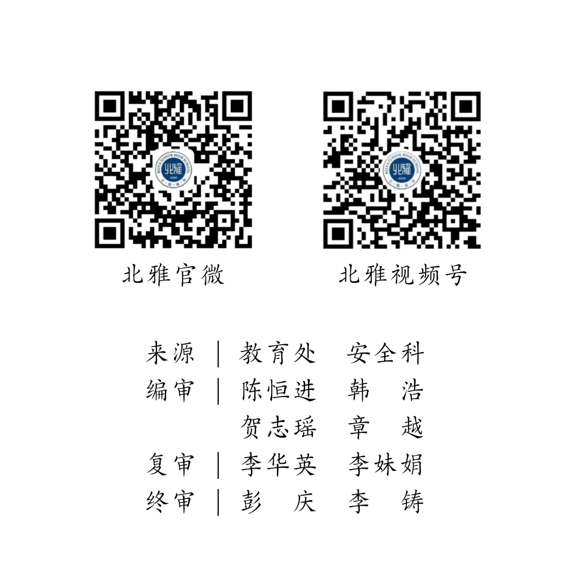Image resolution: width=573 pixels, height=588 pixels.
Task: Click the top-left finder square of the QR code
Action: pos(338,107)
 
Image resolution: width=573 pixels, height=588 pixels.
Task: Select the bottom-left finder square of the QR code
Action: pos(338,233)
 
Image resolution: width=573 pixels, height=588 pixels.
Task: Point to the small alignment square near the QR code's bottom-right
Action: pos(453,221)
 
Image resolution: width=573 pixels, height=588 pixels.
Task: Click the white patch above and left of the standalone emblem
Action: pos(92,91)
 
